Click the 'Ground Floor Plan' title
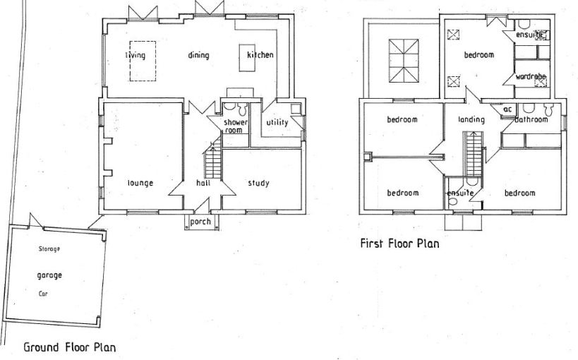70,347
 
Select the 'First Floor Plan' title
399,244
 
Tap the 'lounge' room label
140,184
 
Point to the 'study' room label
258,183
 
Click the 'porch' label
200,222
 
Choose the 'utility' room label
277,122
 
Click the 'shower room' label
236,126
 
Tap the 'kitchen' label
260,54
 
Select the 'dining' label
199,55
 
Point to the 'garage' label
49,275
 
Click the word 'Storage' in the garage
49,249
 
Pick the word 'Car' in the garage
43,294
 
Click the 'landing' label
471,119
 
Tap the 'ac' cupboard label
507,109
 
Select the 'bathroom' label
531,119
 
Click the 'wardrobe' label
531,77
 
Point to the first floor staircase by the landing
474,154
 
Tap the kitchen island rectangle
247,58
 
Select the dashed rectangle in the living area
130,61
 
